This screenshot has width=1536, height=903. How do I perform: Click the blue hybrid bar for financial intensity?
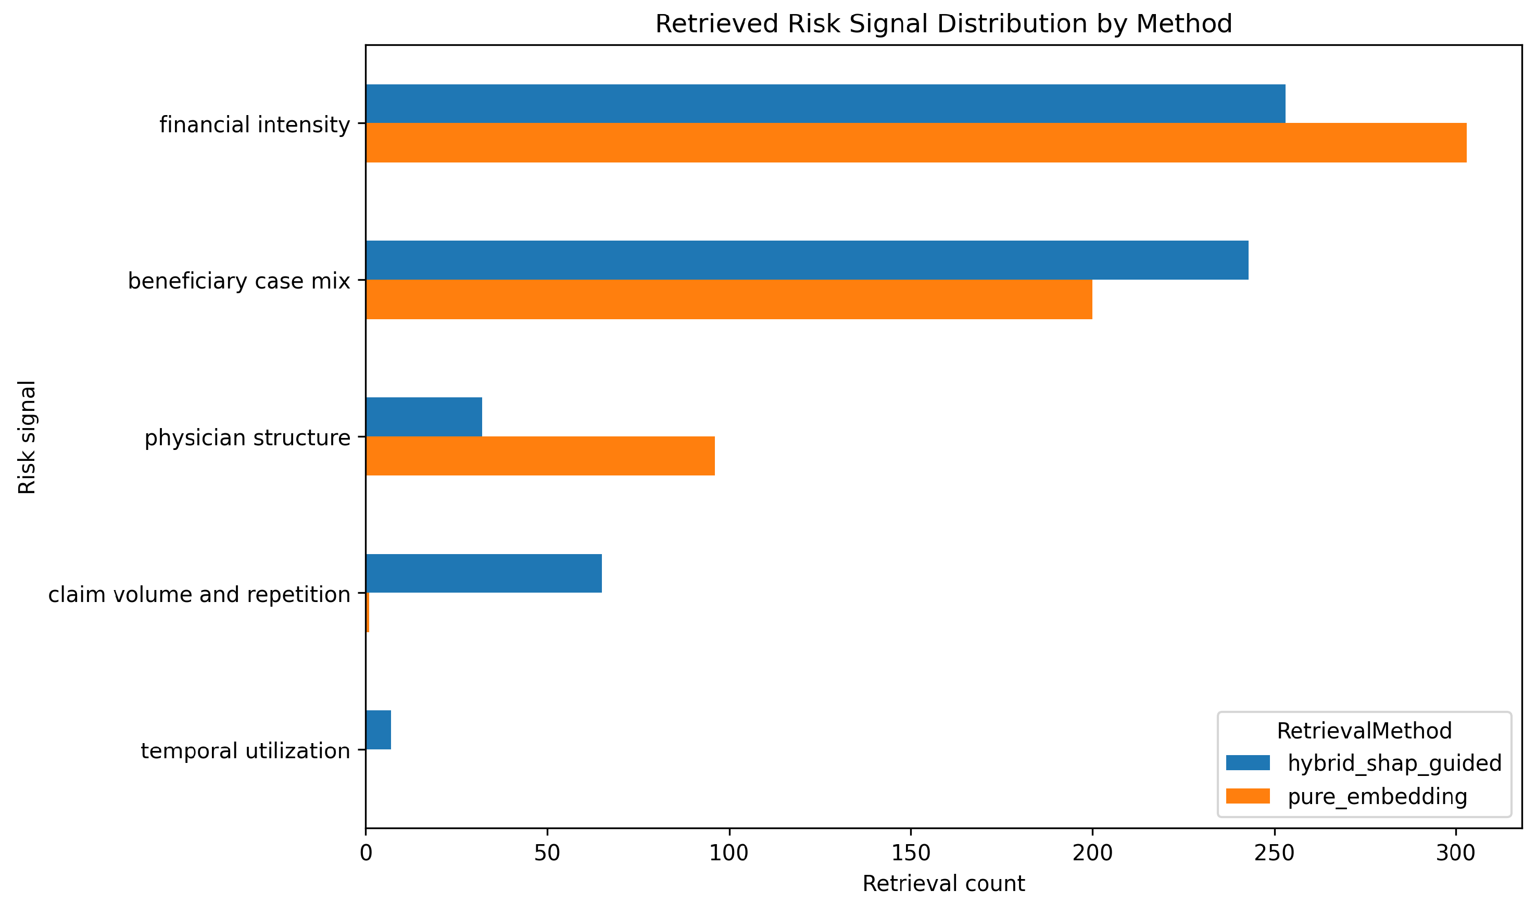pos(826,104)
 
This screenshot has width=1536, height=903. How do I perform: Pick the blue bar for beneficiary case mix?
pos(808,260)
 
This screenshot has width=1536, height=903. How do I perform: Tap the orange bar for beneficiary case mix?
pos(729,299)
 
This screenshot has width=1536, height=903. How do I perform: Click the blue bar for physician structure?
pos(424,417)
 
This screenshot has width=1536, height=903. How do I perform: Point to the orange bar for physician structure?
pos(540,456)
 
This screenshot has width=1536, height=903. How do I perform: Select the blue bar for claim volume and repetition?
pos(484,574)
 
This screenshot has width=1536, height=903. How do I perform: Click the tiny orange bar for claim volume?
pos(368,613)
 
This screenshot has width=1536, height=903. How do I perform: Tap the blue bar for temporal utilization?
pos(379,730)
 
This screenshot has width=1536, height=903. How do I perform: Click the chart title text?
pos(943,24)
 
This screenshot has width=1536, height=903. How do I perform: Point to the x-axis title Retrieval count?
pos(943,884)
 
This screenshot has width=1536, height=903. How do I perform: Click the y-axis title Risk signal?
pos(28,437)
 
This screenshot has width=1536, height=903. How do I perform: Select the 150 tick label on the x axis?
pos(911,853)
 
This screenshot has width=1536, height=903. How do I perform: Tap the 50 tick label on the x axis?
pos(547,853)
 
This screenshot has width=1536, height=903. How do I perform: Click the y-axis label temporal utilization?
pos(246,750)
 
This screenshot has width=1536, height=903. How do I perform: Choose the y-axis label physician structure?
pos(247,438)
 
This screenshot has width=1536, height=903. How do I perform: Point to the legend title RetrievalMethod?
pos(1364,731)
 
